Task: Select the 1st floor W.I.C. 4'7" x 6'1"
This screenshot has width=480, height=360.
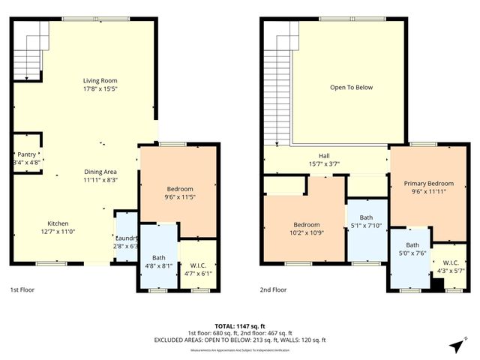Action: click(199, 268)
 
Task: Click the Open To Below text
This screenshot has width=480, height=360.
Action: click(351, 88)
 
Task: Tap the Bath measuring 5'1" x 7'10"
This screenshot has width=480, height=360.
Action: click(366, 222)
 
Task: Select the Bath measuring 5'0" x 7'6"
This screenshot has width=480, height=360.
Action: click(412, 249)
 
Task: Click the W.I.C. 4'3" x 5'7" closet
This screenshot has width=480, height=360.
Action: click(451, 265)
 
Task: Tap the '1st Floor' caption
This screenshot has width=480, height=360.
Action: click(22, 289)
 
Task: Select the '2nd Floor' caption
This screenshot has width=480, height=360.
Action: click(274, 289)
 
